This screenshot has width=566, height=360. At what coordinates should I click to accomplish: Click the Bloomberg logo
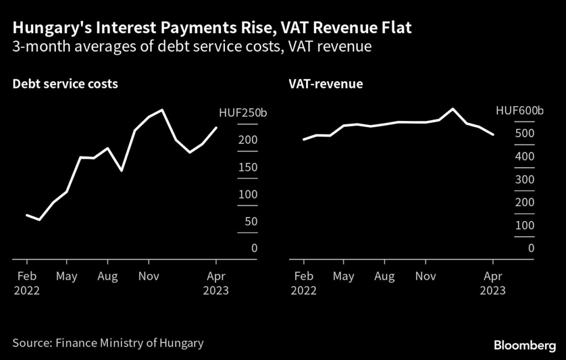point(525,346)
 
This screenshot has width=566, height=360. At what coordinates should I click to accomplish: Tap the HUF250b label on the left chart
point(243,114)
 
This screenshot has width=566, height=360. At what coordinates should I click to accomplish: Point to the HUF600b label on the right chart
point(520,111)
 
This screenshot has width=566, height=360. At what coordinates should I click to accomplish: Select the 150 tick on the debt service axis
point(248,168)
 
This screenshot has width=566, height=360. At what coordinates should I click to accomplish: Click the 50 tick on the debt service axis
point(250,222)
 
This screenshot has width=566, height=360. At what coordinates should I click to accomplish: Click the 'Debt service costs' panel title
point(65,84)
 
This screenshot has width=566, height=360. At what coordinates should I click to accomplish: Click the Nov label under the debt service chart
point(148,275)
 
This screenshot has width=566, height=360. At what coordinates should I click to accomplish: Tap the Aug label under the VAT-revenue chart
point(384,275)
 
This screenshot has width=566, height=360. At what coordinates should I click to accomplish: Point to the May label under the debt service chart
point(67,275)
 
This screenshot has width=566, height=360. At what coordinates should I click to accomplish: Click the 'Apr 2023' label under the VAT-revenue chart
point(493,283)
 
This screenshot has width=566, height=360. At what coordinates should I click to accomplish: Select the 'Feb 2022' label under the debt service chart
point(26,283)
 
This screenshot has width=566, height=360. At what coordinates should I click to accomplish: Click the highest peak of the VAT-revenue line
point(453,108)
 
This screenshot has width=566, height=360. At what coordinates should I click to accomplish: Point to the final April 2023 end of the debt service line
point(216,128)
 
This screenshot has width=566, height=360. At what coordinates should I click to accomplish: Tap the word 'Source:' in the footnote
point(32,343)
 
